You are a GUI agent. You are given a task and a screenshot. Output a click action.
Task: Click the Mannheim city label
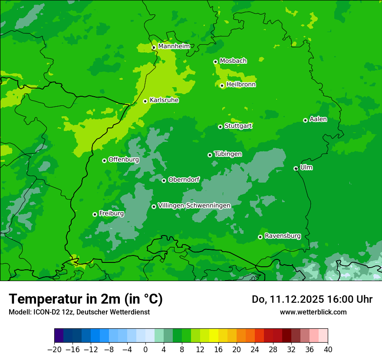pyautogui.click(x=174, y=46)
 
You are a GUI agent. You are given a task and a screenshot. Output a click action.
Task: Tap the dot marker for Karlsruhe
pyautogui.click(x=145, y=101)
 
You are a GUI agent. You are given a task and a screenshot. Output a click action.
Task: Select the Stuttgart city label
pyautogui.click(x=238, y=126)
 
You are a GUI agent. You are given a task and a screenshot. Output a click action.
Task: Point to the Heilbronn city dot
pyautogui.click(x=222, y=85)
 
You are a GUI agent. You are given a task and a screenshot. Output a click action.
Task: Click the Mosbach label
pyautogui.click(x=233, y=61)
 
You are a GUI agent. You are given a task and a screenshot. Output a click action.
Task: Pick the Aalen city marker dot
pyautogui.click(x=306, y=120)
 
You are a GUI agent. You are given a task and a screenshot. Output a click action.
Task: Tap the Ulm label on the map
pyautogui.click(x=306, y=167)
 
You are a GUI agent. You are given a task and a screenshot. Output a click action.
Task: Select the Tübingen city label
pyautogui.click(x=228, y=154)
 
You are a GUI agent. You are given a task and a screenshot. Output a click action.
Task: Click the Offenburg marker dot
pyautogui.click(x=105, y=160)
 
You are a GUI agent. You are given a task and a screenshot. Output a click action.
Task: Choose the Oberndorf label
pyautogui.click(x=184, y=180)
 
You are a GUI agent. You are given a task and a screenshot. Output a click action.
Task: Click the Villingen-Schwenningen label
pyautogui.click(x=194, y=206)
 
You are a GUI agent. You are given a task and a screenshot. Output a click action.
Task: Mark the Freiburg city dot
pyautogui.click(x=95, y=214)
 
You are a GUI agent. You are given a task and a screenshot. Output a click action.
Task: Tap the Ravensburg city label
pyautogui.click(x=283, y=236)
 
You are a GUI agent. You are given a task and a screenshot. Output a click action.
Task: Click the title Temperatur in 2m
pyautogui.click(x=86, y=299)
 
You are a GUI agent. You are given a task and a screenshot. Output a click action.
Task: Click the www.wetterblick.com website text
pyautogui.click(x=313, y=312)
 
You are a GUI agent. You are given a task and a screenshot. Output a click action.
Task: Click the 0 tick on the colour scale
pyautogui.click(x=145, y=349)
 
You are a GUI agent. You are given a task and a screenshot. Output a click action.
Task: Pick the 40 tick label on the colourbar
pyautogui.click(x=328, y=349)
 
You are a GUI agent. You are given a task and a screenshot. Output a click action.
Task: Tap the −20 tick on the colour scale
pyautogui.click(x=54, y=349)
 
